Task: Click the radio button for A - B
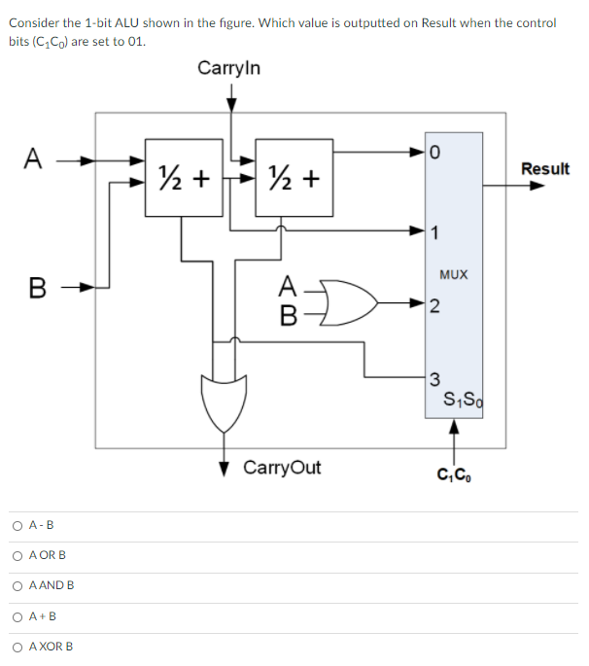pyautogui.click(x=18, y=526)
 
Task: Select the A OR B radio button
pyautogui.click(x=18, y=556)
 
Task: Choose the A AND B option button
pyautogui.click(x=18, y=586)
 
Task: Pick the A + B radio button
pyautogui.click(x=18, y=616)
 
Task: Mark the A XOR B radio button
pyautogui.click(x=18, y=647)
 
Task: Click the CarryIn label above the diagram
pyautogui.click(x=228, y=68)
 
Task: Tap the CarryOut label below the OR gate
pyautogui.click(x=282, y=468)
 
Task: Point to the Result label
pyautogui.click(x=544, y=169)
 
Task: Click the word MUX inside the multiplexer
pyautogui.click(x=453, y=275)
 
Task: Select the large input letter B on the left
pyautogui.click(x=37, y=288)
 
